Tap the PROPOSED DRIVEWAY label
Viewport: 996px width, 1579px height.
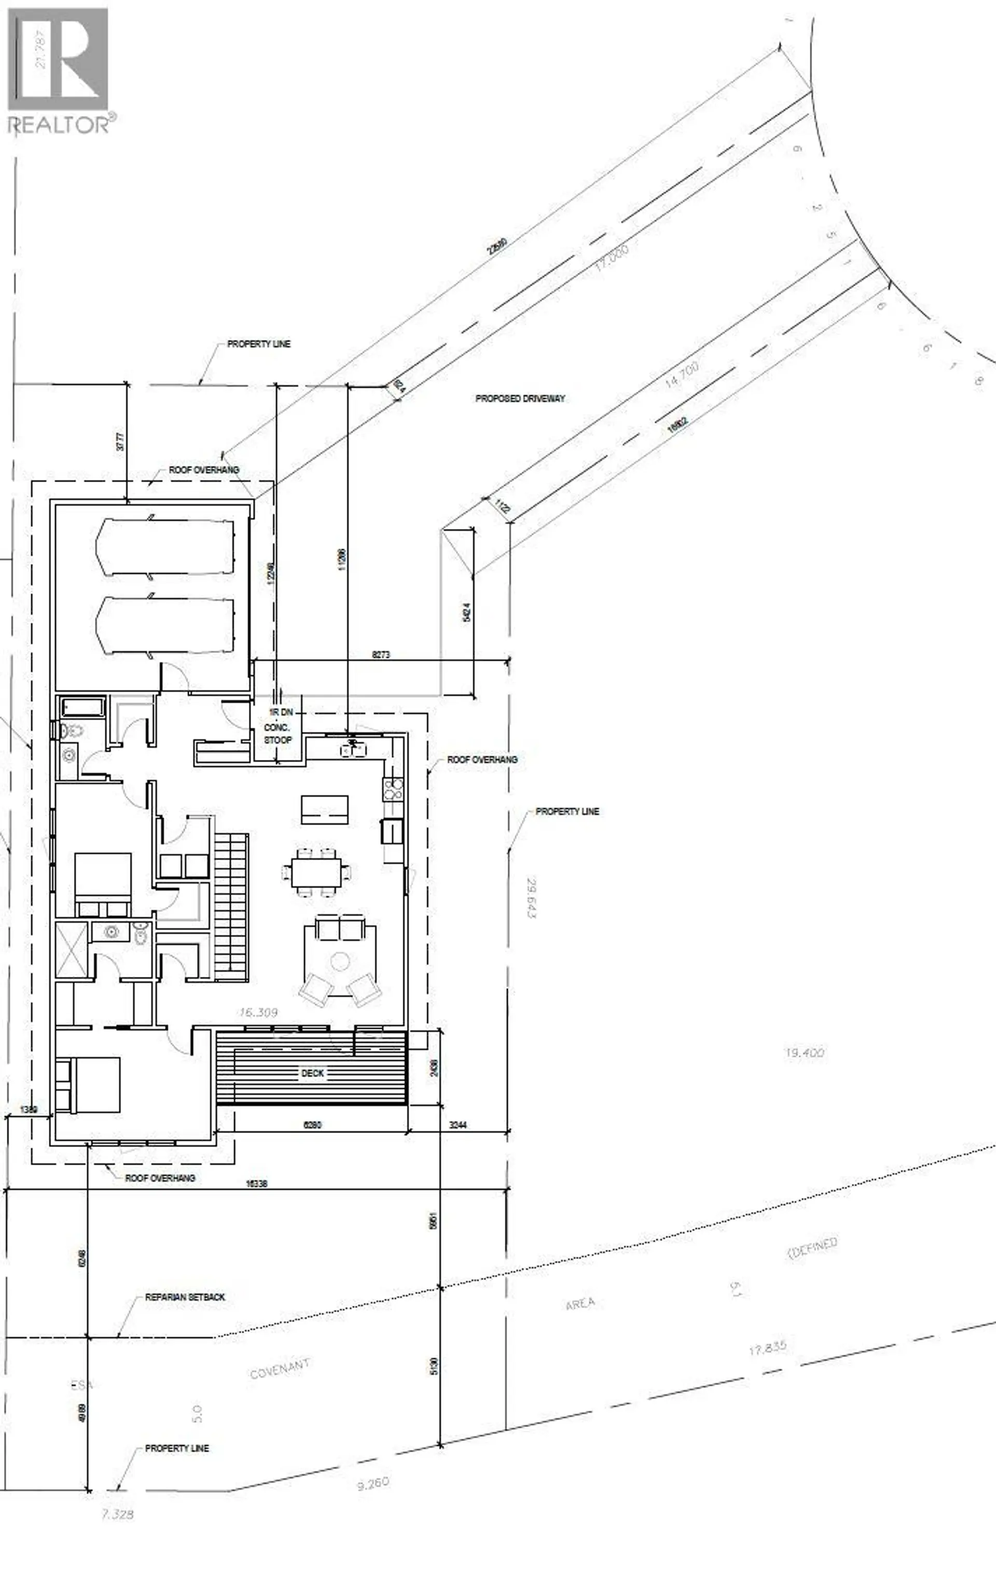[x=520, y=398]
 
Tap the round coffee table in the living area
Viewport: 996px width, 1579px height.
[x=339, y=961]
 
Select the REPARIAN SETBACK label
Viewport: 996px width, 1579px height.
[x=185, y=1297]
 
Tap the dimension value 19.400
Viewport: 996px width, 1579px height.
[x=804, y=1053]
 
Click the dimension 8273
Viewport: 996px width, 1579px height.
[x=381, y=655]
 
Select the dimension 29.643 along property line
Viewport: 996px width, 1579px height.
[x=531, y=896]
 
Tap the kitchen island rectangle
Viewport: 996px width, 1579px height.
[x=324, y=810]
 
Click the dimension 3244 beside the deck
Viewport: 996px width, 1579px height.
[x=459, y=1125]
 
